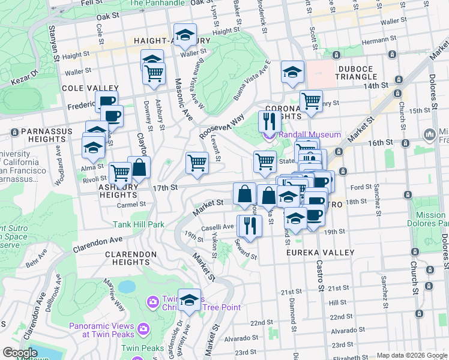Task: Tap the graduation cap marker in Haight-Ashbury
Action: click(x=185, y=37)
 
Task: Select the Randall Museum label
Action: click(x=310, y=135)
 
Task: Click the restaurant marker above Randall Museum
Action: click(x=270, y=121)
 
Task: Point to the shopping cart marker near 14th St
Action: click(x=311, y=101)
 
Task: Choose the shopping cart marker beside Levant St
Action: click(x=197, y=163)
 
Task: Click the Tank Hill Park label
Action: click(x=139, y=225)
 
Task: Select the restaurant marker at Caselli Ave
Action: click(x=249, y=226)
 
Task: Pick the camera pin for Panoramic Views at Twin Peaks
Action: click(x=143, y=328)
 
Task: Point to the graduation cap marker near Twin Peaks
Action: click(x=190, y=300)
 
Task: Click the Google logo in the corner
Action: click(x=20, y=353)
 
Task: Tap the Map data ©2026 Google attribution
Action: click(x=412, y=355)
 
